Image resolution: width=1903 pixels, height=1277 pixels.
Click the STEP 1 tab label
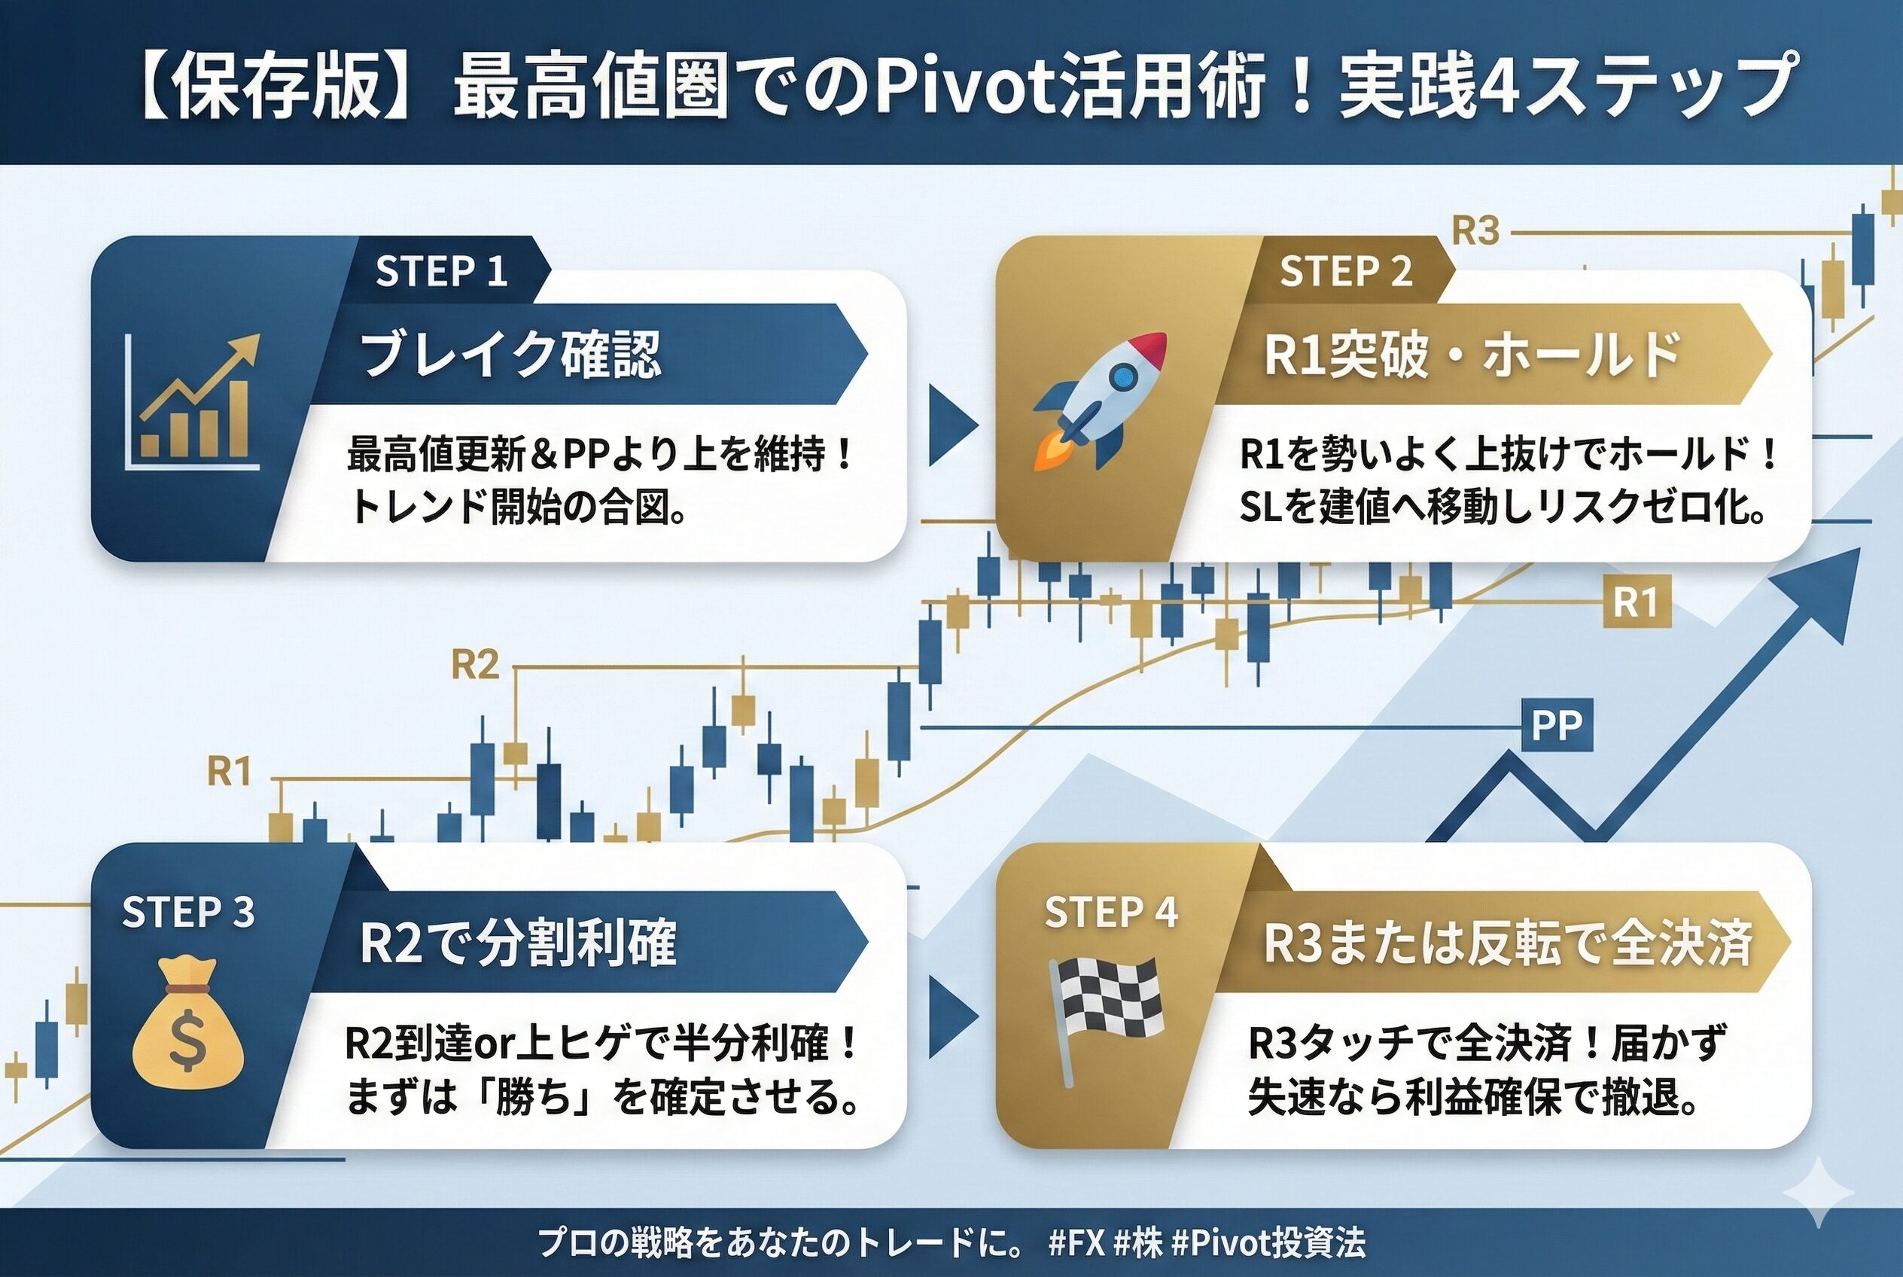441,271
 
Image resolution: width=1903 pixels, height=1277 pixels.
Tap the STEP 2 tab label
1346,271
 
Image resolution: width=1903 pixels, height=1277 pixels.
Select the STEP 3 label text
188,912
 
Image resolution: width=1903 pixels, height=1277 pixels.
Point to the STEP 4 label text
1110,912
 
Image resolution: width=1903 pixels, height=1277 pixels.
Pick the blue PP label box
1556,724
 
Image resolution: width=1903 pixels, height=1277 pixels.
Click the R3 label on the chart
1475,231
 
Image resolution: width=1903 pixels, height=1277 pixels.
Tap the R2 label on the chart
475,666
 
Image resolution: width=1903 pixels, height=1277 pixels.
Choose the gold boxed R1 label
1637,602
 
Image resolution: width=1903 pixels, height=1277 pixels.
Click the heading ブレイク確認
510,355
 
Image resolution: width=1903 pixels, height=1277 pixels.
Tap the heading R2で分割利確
518,942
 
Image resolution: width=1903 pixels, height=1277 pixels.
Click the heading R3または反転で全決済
1507,942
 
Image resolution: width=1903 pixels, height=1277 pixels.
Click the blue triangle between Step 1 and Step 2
954,425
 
